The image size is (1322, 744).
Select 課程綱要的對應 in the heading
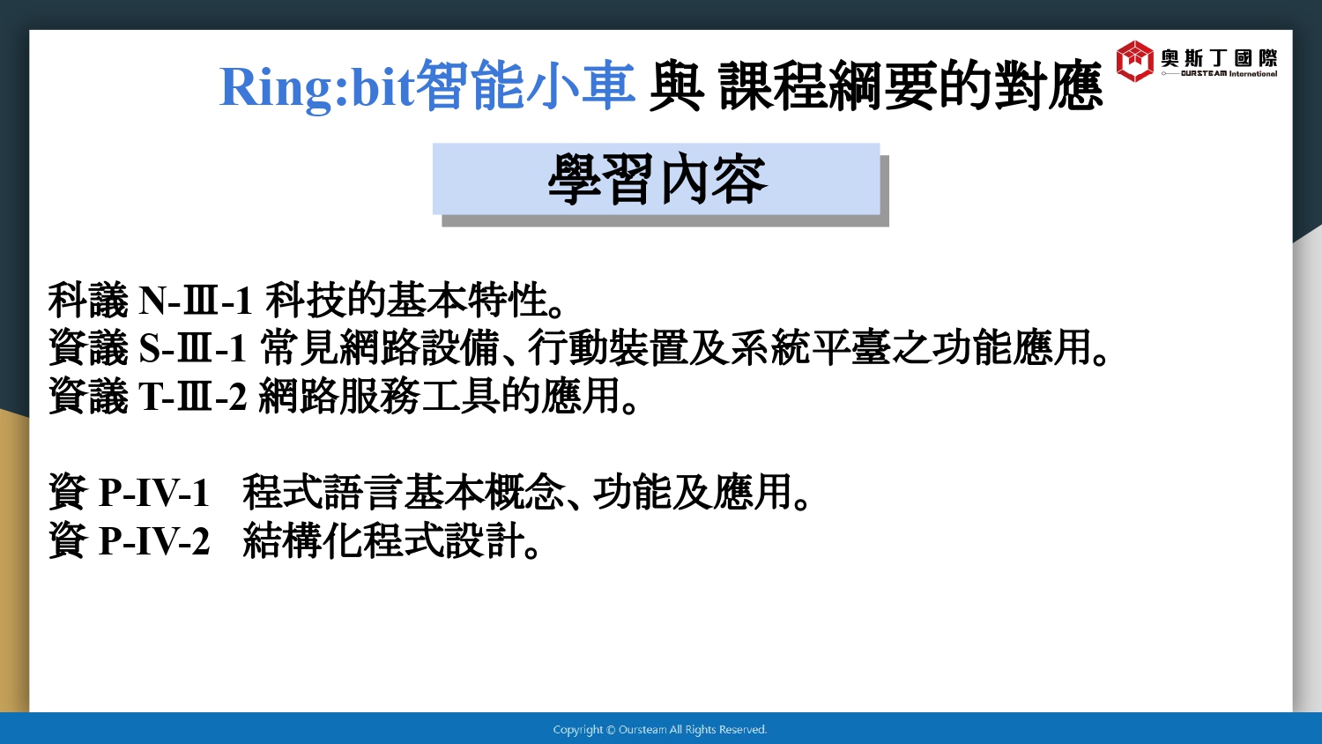click(910, 86)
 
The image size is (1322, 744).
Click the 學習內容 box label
click(657, 179)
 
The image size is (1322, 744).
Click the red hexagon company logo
click(1134, 61)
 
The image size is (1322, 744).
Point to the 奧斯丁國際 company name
click(1219, 58)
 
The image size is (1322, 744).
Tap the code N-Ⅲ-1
click(196, 300)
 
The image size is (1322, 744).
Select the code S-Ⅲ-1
click(192, 348)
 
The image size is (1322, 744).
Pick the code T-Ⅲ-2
click(192, 396)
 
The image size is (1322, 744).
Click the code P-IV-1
click(154, 492)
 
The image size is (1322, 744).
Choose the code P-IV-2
click(154, 540)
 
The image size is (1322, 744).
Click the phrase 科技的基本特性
click(407, 300)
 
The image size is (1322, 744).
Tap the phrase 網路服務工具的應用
click(440, 396)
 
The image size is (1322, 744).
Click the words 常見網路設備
click(380, 348)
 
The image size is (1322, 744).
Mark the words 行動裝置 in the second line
click(608, 348)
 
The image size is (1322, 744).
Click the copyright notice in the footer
click(660, 730)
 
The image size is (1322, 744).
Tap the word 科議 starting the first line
click(88, 300)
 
